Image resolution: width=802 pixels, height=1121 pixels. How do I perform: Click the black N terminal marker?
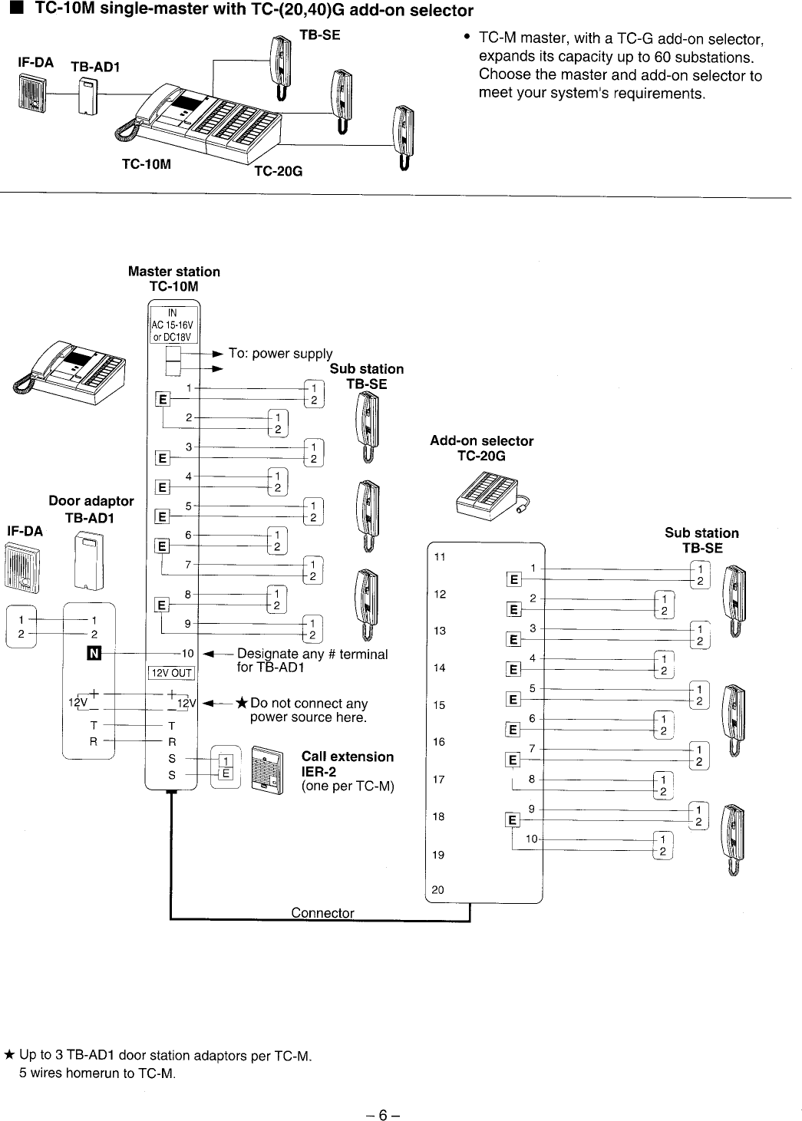[x=95, y=654]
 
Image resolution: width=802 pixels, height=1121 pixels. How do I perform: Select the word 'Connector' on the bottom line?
[x=322, y=913]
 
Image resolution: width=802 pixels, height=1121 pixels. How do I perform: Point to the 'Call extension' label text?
[x=348, y=757]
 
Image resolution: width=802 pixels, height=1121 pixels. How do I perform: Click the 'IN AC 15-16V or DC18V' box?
[x=173, y=325]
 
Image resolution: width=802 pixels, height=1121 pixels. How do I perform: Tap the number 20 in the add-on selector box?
[x=438, y=890]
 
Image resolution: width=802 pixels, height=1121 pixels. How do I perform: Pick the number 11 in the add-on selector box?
[x=439, y=557]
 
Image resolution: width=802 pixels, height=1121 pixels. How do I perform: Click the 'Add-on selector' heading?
[x=481, y=441]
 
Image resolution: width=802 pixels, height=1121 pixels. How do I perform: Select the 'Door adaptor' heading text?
[x=91, y=501]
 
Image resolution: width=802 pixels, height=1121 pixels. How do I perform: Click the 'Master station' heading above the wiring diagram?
[x=173, y=272]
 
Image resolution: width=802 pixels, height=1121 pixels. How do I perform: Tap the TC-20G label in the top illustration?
[x=278, y=172]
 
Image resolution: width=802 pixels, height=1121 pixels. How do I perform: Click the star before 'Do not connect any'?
[x=242, y=704]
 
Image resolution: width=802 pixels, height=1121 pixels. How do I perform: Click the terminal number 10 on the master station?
[x=187, y=654]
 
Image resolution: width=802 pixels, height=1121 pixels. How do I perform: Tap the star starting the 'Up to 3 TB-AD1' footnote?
[x=8, y=1057]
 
